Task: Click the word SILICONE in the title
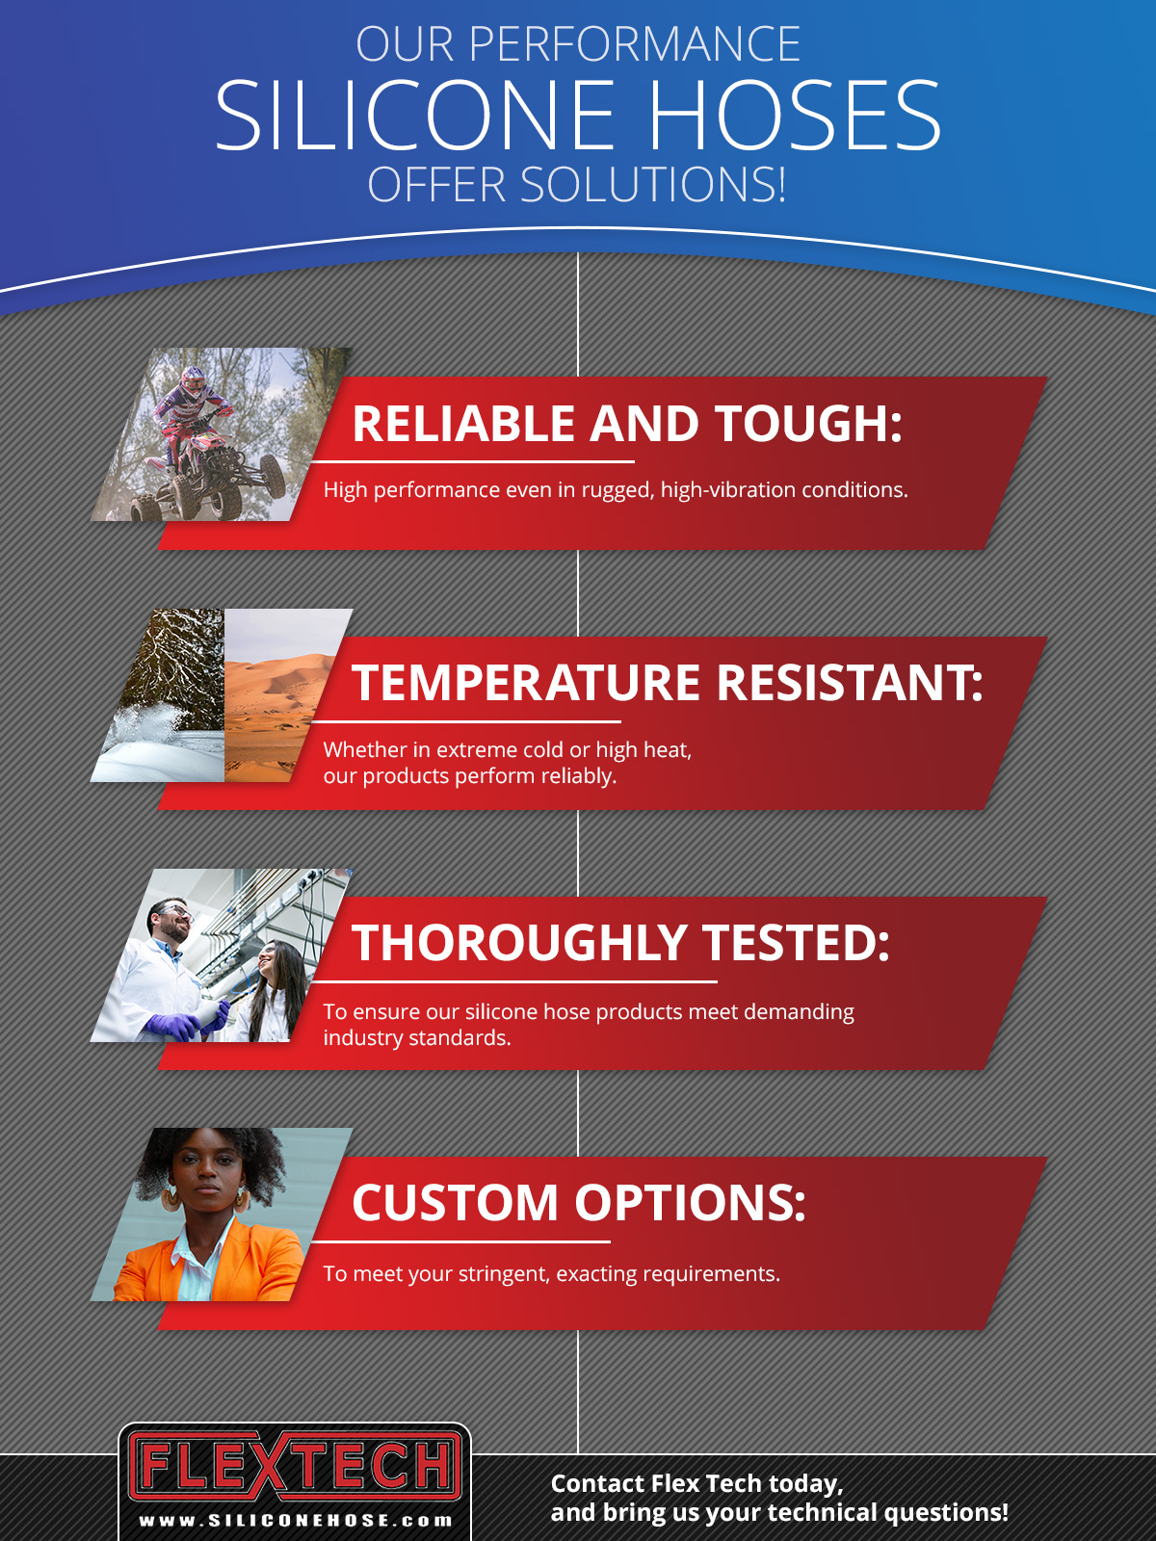[x=414, y=115]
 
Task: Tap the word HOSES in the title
[x=795, y=115]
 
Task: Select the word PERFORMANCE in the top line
[x=634, y=44]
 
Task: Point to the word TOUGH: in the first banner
[x=808, y=424]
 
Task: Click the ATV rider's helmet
[x=193, y=380]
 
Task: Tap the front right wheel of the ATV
[x=273, y=476]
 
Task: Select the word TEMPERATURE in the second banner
[x=526, y=683]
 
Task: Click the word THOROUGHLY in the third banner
[x=519, y=942]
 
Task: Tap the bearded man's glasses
[x=174, y=911]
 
